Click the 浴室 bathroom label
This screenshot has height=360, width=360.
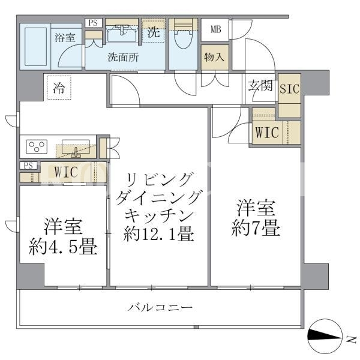[65, 37]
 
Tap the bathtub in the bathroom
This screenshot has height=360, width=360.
[35, 47]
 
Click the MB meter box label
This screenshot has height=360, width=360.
[216, 29]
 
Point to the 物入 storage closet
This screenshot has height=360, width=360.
[215, 57]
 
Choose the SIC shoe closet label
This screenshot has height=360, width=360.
[290, 89]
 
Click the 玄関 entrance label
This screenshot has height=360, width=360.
[260, 86]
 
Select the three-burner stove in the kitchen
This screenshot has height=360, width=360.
[37, 146]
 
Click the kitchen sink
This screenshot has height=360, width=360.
[76, 148]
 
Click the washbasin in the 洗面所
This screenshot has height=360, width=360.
[122, 34]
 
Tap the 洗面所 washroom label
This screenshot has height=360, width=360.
[123, 58]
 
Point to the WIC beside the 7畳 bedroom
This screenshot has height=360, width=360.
[267, 133]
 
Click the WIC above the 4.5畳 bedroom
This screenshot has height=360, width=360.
[66, 172]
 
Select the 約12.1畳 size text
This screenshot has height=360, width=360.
[158, 234]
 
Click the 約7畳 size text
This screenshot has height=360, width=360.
[256, 228]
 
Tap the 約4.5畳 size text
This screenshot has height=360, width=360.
[63, 247]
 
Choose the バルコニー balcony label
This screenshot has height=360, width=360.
[160, 307]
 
